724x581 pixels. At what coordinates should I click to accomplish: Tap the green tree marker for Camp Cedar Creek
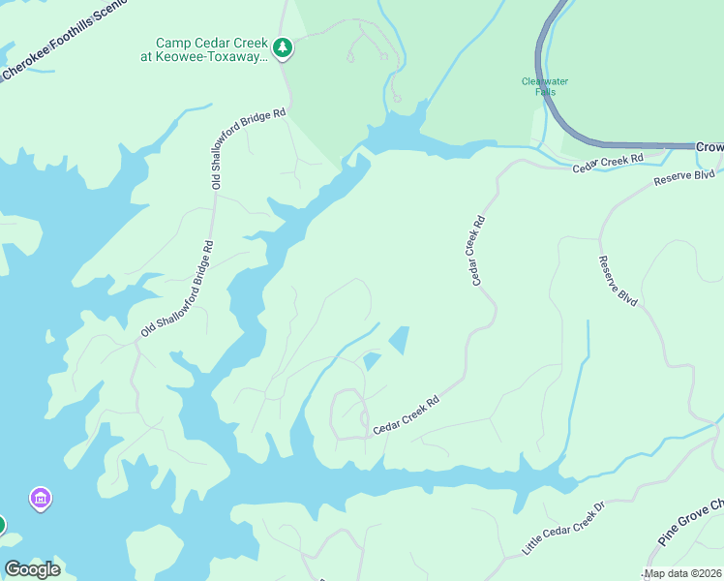[282, 47]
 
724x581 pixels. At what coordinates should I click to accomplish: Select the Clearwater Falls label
[544, 86]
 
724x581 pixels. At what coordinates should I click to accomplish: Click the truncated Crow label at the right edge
[709, 146]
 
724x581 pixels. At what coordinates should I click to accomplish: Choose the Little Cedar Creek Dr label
[562, 528]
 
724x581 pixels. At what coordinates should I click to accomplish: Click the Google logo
[32, 569]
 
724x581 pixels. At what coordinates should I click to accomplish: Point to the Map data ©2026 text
[683, 573]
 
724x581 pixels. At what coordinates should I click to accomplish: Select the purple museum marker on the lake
[41, 499]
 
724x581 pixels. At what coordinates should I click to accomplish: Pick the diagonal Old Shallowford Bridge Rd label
[177, 290]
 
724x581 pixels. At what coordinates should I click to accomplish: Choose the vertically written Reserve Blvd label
[618, 281]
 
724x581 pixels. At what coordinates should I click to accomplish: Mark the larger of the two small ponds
[398, 339]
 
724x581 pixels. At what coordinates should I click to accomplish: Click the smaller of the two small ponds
[372, 361]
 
